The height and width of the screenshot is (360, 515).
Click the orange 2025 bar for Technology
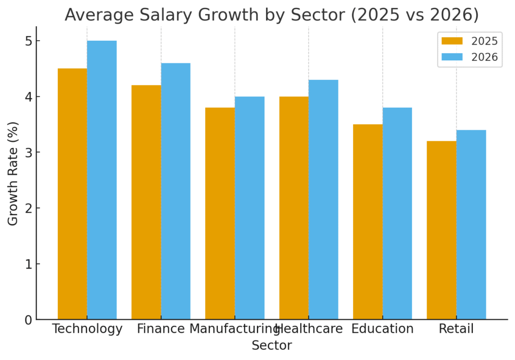72,194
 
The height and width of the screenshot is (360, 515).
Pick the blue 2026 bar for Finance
176,191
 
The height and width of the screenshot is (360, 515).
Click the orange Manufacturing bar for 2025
220,213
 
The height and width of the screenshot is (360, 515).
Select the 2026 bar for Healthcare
323,200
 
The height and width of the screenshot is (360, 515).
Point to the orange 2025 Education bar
368,222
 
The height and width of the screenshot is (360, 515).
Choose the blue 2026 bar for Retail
471,225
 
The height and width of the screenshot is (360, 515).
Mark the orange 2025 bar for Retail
442,230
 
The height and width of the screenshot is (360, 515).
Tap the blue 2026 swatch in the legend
452,57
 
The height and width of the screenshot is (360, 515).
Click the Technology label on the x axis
87,329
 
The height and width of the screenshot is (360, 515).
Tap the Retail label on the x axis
456,329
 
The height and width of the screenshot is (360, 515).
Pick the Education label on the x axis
382,329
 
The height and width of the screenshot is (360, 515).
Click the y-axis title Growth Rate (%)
13,173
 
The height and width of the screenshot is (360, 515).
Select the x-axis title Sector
272,346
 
